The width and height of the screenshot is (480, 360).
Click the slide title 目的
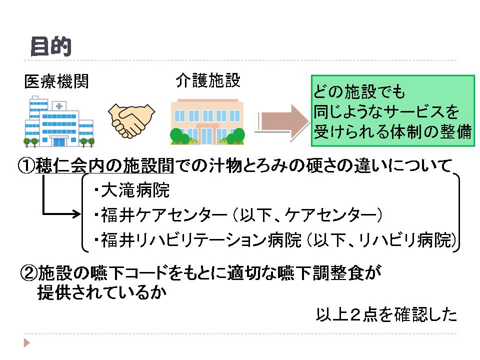tap(50, 46)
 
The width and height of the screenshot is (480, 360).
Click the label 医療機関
tap(56, 81)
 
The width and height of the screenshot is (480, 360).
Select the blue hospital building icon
tap(58, 121)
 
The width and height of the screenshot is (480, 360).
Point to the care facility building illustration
tap(207, 121)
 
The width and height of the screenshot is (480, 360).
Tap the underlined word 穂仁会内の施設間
tap(105, 166)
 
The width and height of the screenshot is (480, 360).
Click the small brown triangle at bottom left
tap(26, 343)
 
